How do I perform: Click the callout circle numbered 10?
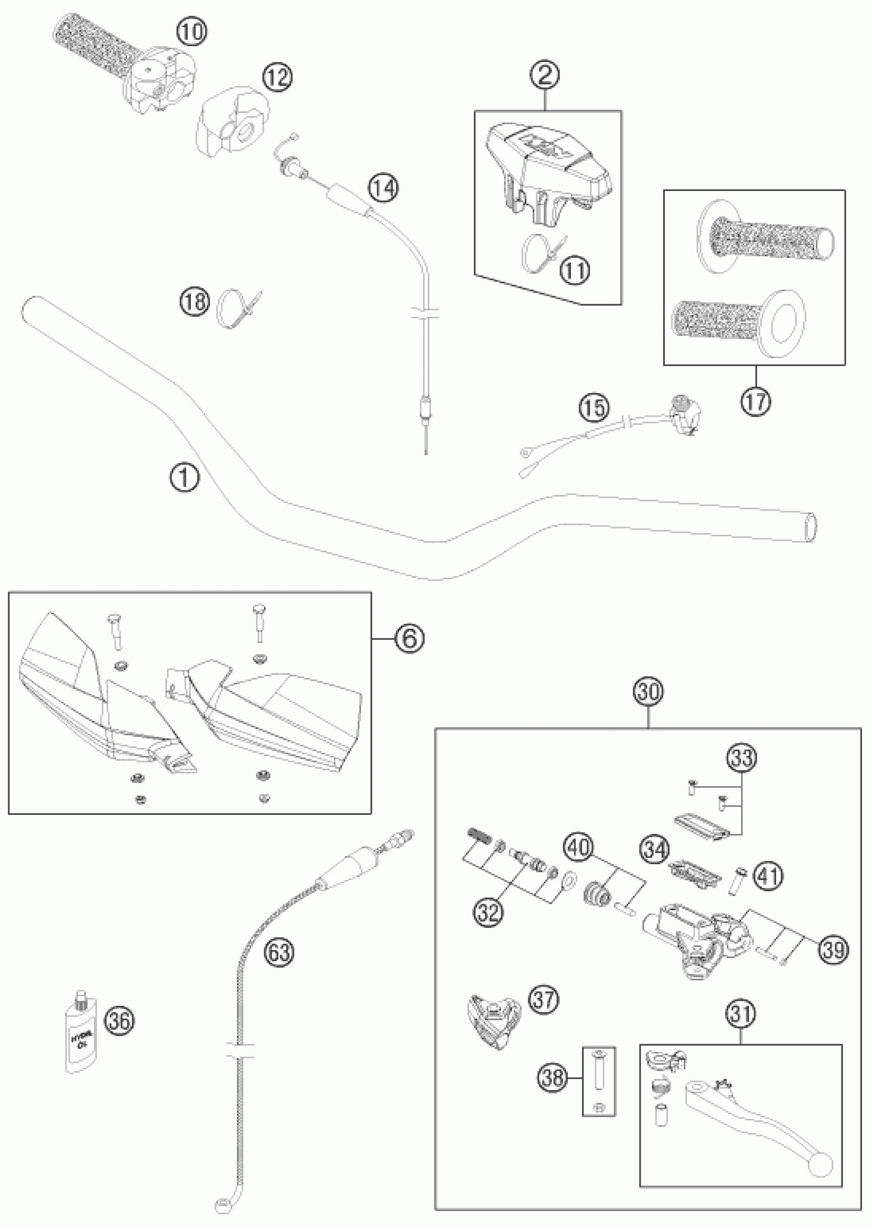point(192,33)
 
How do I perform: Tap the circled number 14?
point(383,188)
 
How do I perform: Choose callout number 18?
point(194,302)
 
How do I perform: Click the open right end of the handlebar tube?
point(810,527)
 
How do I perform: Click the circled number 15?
point(594,408)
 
